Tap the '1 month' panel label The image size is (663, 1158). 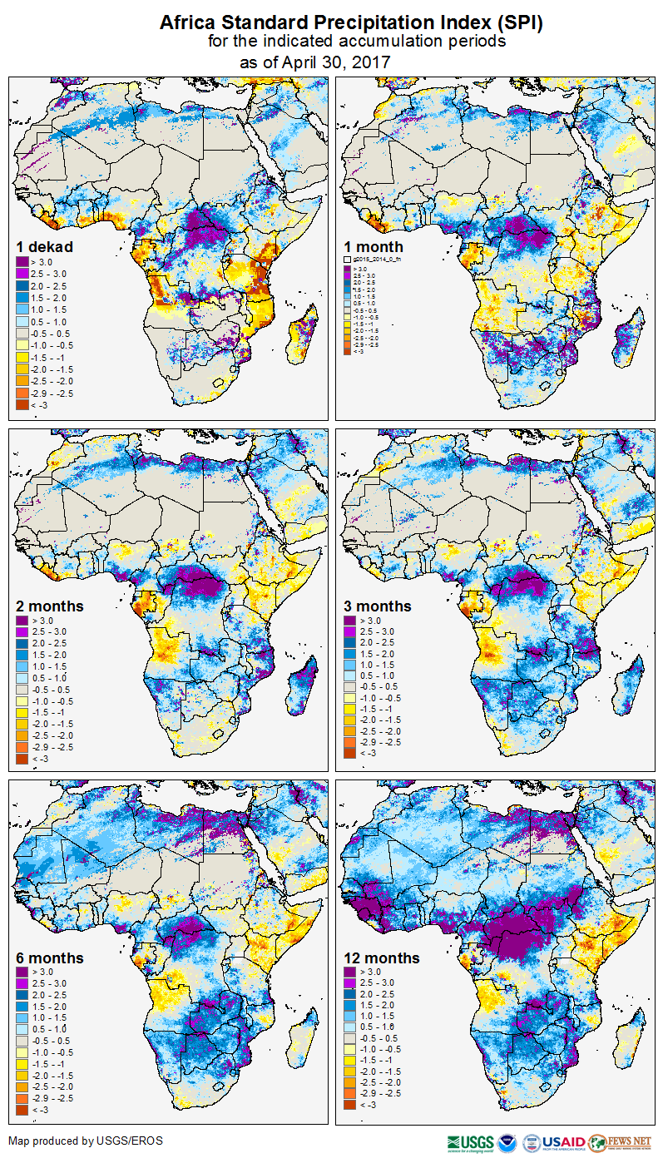(x=374, y=246)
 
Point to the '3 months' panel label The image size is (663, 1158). (x=378, y=606)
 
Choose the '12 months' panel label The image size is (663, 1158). (x=382, y=958)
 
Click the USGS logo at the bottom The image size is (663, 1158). (x=471, y=1142)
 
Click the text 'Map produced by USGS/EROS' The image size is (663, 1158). (x=86, y=1141)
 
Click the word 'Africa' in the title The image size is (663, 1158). (x=192, y=23)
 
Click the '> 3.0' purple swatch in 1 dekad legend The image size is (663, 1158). (x=22, y=262)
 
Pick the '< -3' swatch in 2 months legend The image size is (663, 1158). (x=22, y=759)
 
